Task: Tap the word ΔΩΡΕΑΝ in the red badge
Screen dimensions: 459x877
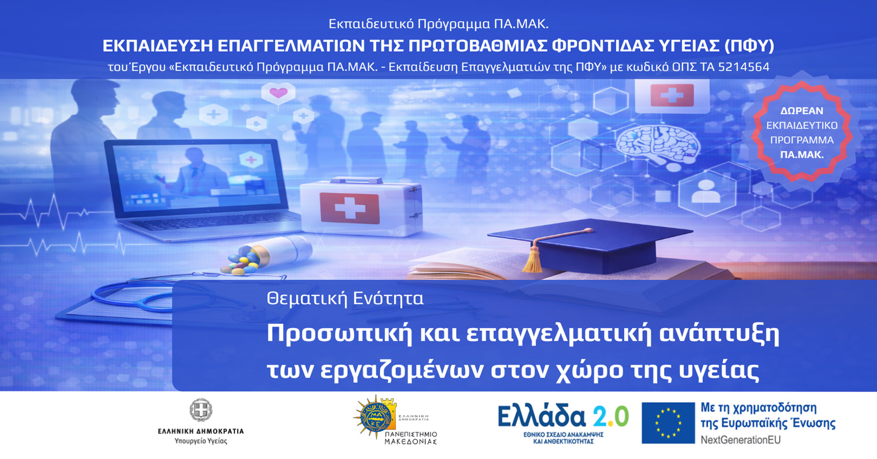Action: (x=801, y=111)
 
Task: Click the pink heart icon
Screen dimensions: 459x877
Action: (x=278, y=93)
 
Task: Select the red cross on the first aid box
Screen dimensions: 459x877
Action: (x=350, y=208)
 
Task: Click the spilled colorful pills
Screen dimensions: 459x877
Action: (x=241, y=263)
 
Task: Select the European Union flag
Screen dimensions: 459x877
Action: (x=668, y=423)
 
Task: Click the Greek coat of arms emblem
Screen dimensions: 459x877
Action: (x=201, y=410)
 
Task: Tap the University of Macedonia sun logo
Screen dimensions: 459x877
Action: (x=375, y=417)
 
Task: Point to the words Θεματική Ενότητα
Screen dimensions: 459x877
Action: (x=345, y=299)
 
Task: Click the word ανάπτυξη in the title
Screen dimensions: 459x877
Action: (x=719, y=334)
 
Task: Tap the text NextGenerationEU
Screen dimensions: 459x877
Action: (x=740, y=440)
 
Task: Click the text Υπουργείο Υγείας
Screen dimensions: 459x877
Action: (x=201, y=441)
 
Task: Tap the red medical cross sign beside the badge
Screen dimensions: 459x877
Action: (x=672, y=95)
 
